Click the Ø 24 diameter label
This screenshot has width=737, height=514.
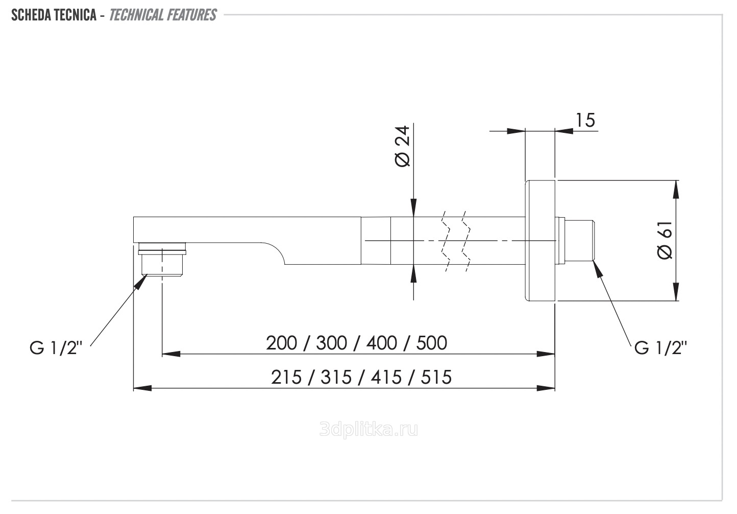tap(403, 146)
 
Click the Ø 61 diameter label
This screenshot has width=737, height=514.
tap(665, 240)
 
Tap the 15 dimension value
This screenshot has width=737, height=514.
tap(585, 120)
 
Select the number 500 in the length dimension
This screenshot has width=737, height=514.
tap(432, 343)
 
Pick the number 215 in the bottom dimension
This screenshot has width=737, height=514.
tap(286, 378)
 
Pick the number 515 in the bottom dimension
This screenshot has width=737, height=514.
tap(436, 378)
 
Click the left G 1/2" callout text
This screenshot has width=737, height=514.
tap(56, 348)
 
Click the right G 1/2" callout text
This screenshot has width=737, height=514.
tap(660, 348)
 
